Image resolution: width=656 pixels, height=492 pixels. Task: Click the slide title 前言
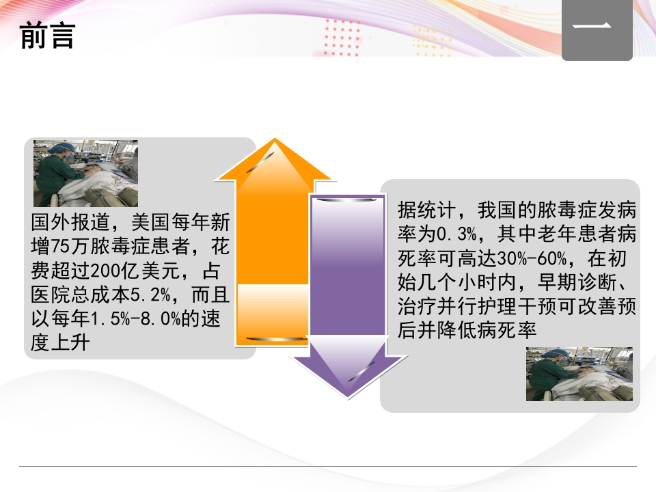tap(47, 37)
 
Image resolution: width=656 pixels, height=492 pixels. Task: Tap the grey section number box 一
tap(597, 30)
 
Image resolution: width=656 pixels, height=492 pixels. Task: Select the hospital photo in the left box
tap(85, 173)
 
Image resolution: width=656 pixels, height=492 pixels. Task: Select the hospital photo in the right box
tap(579, 374)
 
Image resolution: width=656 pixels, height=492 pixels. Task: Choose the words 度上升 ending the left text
tap(60, 343)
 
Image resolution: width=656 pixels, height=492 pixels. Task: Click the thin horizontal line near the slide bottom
tap(328, 467)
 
